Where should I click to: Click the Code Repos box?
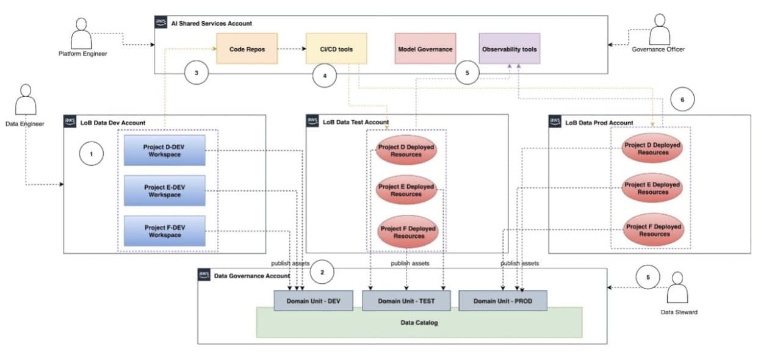247,49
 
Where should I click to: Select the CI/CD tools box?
336,49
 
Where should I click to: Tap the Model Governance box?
425,49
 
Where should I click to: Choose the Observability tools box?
510,49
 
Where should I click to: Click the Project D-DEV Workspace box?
165,151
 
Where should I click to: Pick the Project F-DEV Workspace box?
165,231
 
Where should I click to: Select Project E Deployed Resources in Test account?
406,190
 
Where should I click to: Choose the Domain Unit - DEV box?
313,301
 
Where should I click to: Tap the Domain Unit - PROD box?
503,301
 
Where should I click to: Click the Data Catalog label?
419,322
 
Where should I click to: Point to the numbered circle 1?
92,154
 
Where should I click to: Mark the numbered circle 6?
682,98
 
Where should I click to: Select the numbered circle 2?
322,272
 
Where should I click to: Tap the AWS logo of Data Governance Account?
204,275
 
